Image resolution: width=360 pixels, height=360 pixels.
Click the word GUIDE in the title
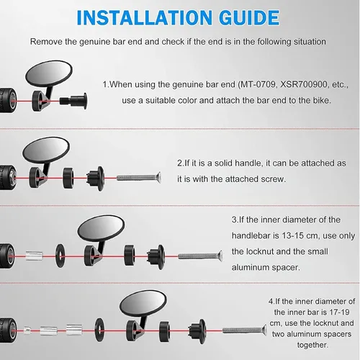[249, 18]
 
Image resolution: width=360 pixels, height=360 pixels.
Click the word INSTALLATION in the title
[144, 18]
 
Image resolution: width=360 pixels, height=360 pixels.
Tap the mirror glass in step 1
[49, 74]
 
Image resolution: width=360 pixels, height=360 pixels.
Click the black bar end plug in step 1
[73, 101]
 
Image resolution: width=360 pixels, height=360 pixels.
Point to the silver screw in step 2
[139, 178]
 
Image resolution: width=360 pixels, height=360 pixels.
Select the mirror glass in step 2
[46, 150]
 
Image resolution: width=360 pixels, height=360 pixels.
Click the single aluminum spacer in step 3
[34, 256]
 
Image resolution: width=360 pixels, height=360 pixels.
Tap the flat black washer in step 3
[60, 256]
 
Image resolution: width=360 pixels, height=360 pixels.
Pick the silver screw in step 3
[200, 256]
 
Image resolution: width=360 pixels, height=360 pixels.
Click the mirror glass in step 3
[101, 228]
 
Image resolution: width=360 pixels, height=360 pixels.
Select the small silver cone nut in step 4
[27, 330]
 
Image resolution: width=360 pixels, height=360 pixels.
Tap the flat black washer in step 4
[99, 330]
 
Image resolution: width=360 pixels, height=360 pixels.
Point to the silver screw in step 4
[245, 330]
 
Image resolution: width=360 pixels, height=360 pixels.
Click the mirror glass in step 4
[143, 303]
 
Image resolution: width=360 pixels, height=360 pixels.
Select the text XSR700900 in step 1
[304, 84]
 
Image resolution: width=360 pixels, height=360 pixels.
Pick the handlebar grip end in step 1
[8, 101]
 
